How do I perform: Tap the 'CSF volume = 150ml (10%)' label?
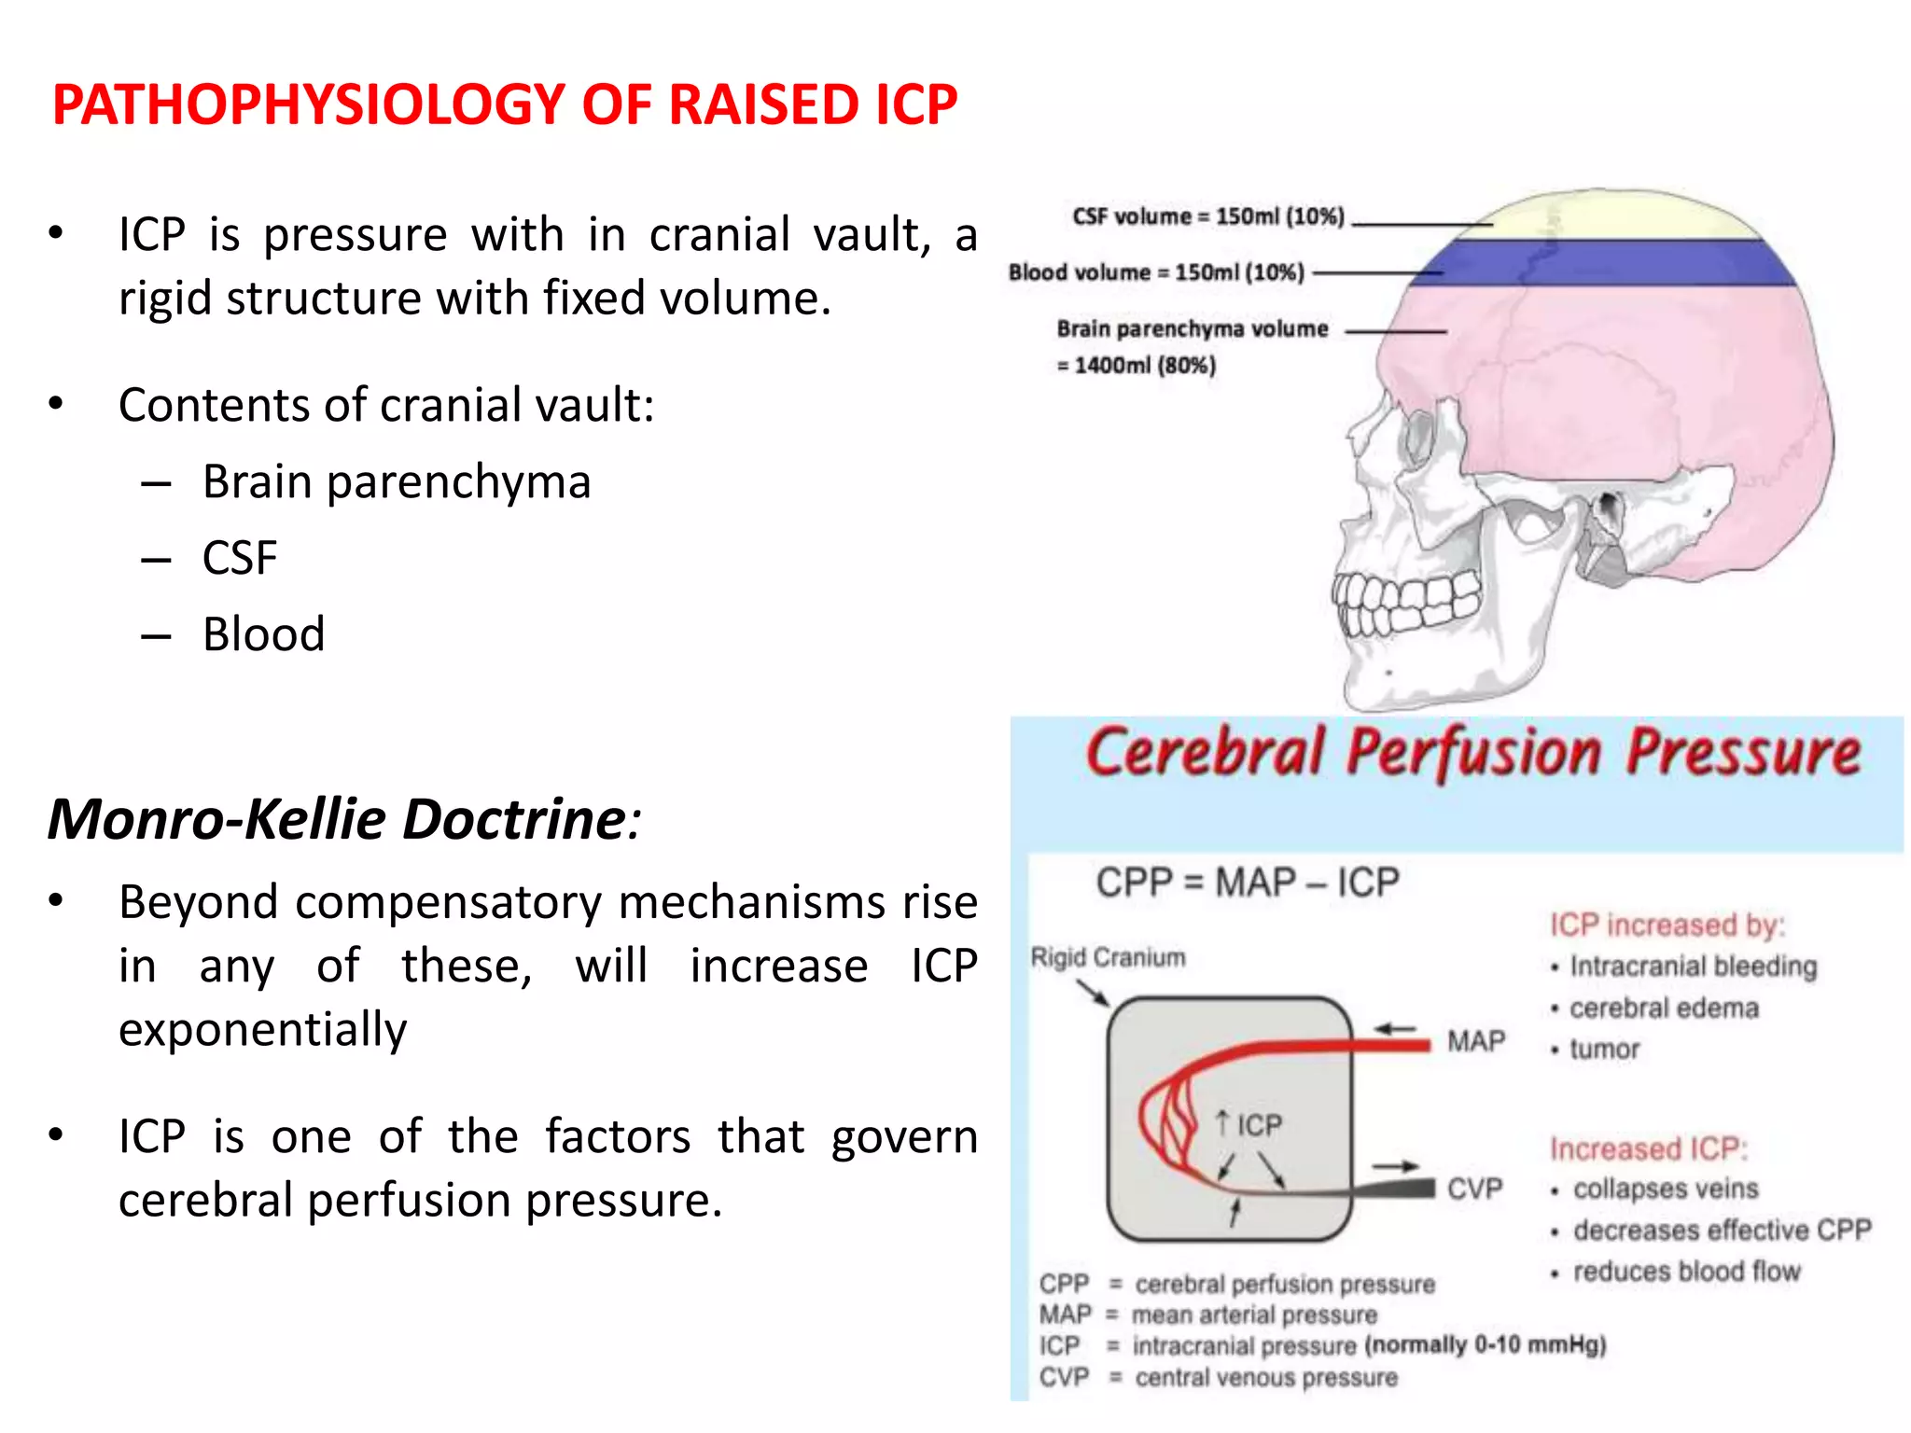pos(1207,216)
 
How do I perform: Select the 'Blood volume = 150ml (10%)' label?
pos(1156,272)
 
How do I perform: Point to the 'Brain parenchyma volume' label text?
pos(1192,328)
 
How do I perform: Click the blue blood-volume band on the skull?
pos(1605,263)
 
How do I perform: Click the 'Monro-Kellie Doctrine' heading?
pos(336,819)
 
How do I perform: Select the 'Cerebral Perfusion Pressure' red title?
pos(1472,752)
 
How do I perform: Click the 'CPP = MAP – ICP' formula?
pos(1247,882)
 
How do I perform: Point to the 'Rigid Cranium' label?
pos(1108,957)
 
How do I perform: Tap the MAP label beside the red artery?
pos(1476,1041)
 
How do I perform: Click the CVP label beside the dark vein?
pos(1474,1189)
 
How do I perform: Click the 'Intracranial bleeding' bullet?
pos(1692,967)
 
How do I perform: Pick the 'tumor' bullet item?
pos(1603,1050)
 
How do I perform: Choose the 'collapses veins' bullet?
pos(1665,1189)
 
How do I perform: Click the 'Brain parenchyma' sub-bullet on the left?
pos(397,482)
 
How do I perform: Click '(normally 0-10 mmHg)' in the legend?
pos(1485,1345)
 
